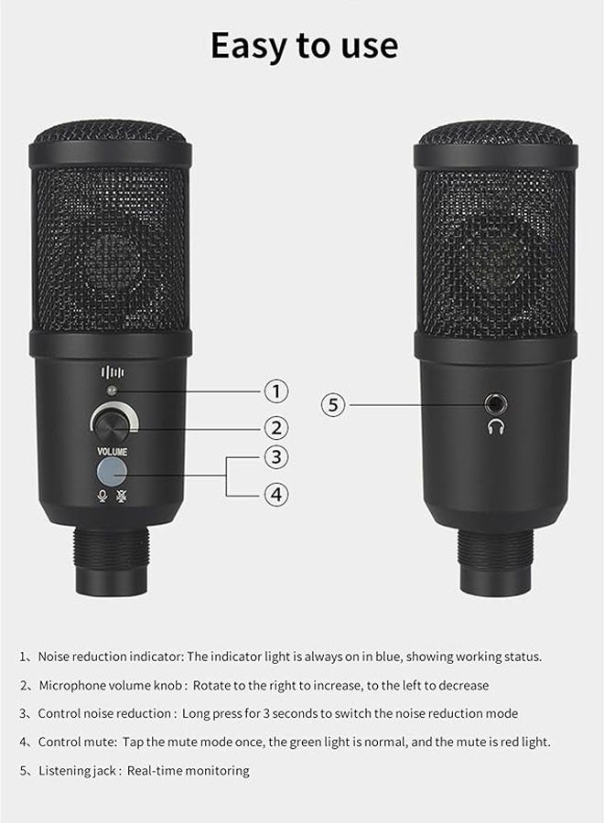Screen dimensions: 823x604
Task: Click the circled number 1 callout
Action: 276,391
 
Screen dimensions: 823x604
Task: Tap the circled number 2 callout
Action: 276,427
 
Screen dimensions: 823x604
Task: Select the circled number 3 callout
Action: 276,456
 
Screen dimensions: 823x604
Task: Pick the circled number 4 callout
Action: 276,495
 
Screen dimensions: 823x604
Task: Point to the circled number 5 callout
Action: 334,404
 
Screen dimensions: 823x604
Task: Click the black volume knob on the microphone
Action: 110,422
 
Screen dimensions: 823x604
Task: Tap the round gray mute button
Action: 111,471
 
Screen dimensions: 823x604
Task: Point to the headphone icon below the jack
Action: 498,426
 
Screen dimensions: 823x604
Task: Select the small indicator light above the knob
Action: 111,391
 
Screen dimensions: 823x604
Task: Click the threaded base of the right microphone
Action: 496,547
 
